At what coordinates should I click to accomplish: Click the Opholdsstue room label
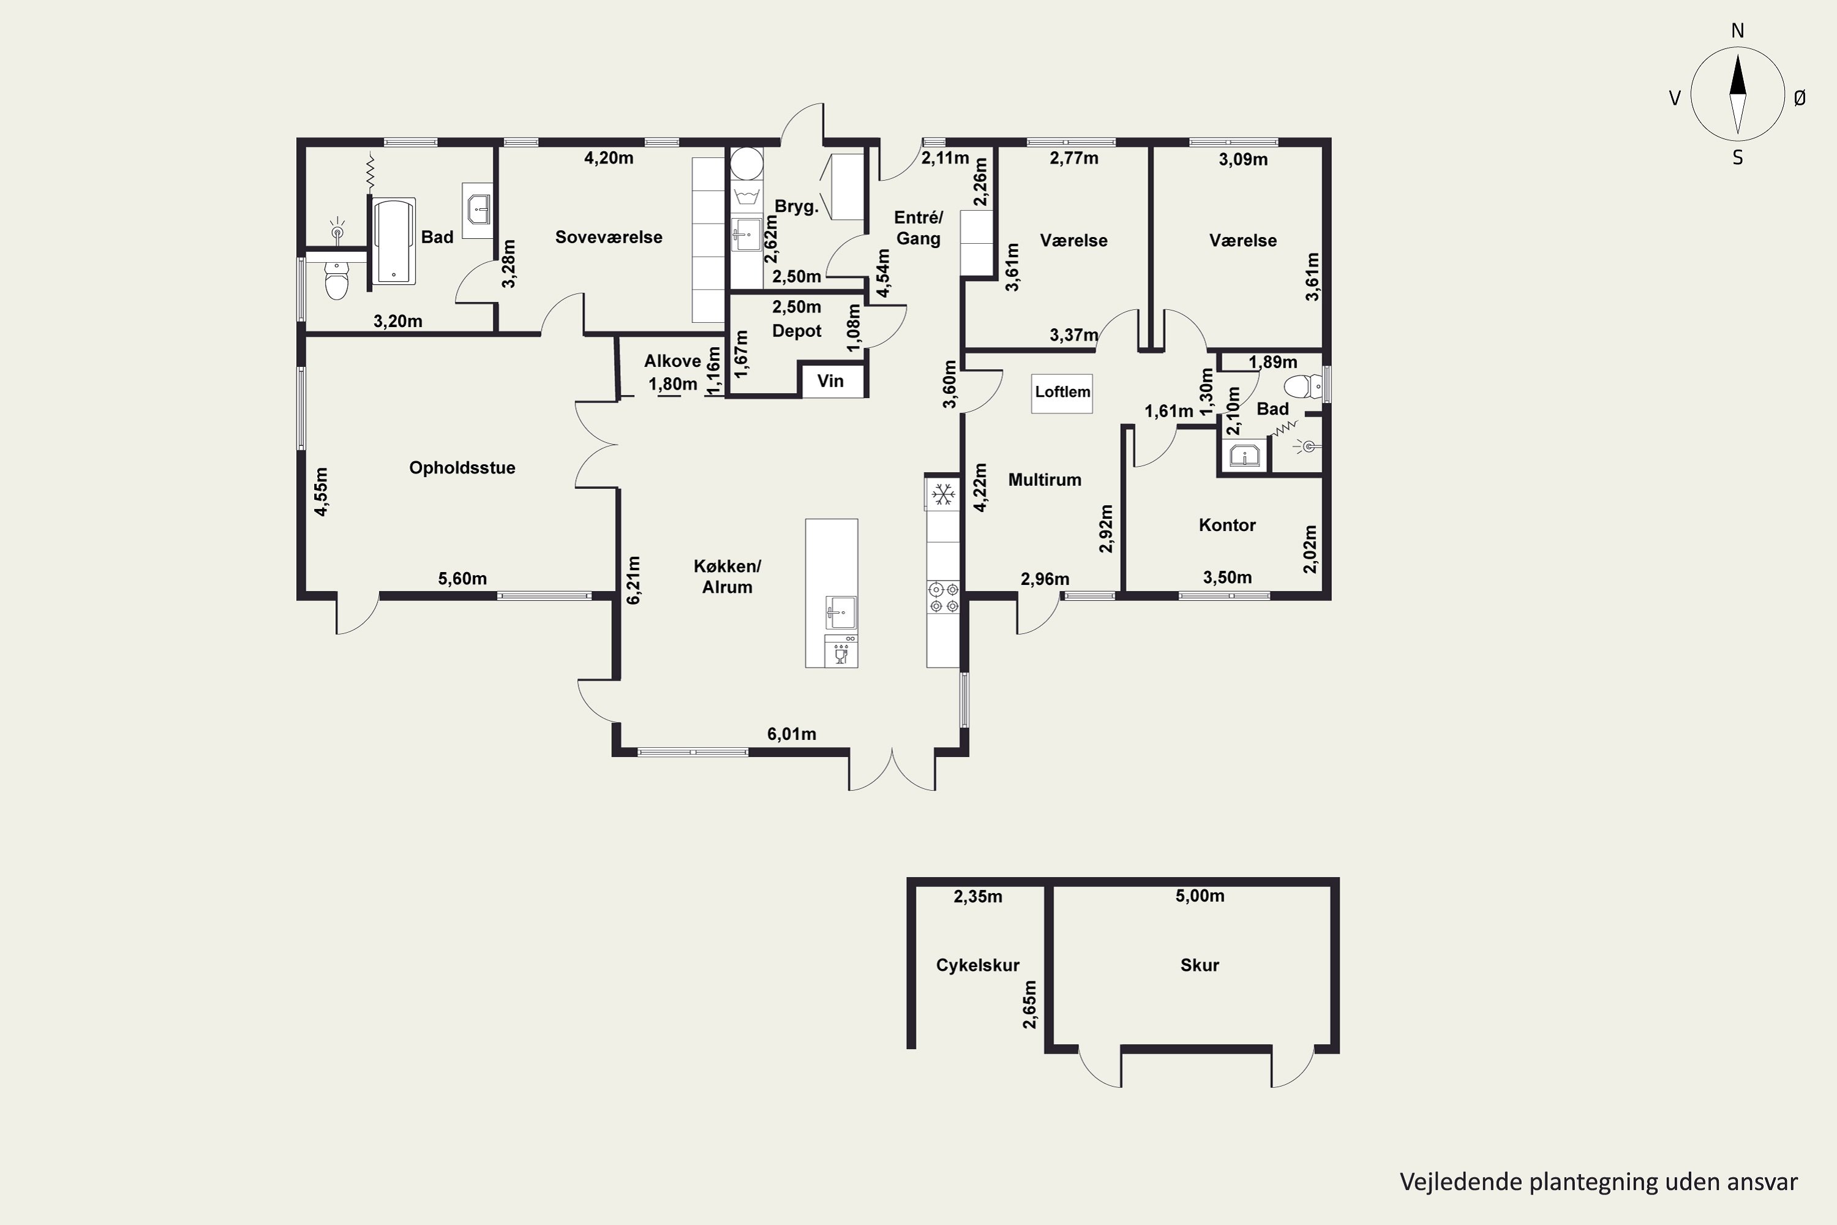point(462,468)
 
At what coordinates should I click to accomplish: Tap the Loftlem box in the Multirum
point(1062,391)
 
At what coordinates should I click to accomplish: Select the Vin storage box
point(830,381)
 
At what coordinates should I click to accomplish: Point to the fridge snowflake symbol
point(944,494)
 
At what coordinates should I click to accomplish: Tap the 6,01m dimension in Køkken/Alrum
point(791,734)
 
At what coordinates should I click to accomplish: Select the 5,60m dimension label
point(462,579)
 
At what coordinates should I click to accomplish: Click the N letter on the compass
point(1738,31)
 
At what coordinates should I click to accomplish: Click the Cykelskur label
point(978,966)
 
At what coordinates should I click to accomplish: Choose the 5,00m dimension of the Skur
point(1200,896)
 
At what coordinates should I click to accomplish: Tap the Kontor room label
point(1227,525)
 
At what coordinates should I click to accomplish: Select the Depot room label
point(797,331)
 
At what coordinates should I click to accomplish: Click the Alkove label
point(672,361)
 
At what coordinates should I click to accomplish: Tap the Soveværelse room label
point(609,238)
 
